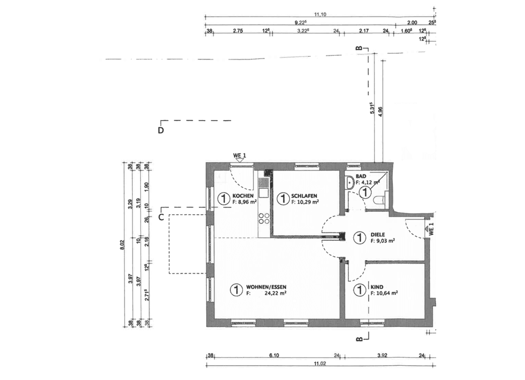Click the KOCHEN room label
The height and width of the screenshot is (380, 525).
[x=243, y=196]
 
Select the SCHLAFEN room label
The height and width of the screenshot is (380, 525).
[x=304, y=196]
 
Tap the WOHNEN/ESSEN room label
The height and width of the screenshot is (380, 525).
[x=266, y=287]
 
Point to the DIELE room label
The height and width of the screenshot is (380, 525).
[x=378, y=234]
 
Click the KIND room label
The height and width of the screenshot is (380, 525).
[x=377, y=287]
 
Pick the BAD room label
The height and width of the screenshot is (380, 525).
[x=361, y=176]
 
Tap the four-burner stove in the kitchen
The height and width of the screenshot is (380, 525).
[x=264, y=218]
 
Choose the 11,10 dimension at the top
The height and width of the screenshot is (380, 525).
[x=320, y=14]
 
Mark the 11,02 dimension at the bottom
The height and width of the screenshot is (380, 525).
[x=320, y=363]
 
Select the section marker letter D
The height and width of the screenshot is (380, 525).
[x=161, y=131]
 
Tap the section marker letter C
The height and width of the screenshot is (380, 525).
[x=161, y=217]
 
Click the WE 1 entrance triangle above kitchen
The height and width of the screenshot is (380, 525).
[x=240, y=160]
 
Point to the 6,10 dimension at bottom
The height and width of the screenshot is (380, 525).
[x=274, y=355]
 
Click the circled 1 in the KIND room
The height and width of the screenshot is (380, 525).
[x=359, y=290]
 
